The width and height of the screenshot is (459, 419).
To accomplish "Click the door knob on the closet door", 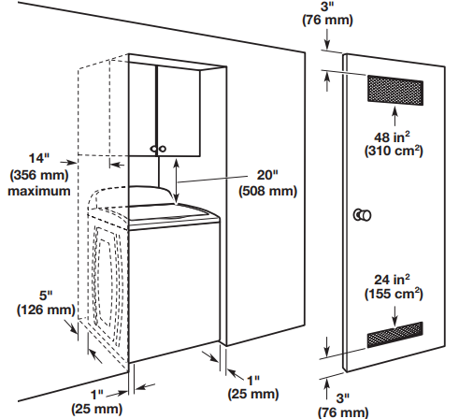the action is click(x=362, y=215).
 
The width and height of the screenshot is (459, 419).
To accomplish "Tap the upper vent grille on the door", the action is click(x=395, y=90).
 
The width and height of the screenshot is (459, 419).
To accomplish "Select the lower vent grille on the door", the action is click(x=395, y=335).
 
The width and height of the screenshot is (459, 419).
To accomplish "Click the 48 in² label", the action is click(x=392, y=137).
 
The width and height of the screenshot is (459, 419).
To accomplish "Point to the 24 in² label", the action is click(x=392, y=280).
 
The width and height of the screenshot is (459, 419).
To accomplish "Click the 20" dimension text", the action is click(x=267, y=175).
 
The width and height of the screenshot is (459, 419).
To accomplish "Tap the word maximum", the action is click(x=39, y=191).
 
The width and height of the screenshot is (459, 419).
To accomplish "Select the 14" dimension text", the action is click(x=39, y=158).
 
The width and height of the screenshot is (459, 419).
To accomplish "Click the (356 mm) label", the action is click(x=39, y=175).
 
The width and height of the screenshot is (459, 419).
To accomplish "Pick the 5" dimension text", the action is click(x=46, y=295).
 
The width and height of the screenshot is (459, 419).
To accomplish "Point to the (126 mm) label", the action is click(x=46, y=310).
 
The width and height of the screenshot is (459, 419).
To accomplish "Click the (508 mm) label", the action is click(x=267, y=191).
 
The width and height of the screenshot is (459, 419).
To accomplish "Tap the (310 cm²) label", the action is click(x=394, y=151).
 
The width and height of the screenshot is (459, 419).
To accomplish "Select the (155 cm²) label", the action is click(x=394, y=294).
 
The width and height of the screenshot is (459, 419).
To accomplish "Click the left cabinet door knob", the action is click(x=153, y=149).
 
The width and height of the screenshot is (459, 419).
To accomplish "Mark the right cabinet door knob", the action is click(x=162, y=149).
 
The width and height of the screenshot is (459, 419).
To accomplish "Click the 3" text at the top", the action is click(x=327, y=7).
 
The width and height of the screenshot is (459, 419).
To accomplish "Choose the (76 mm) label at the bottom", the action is click(x=343, y=412).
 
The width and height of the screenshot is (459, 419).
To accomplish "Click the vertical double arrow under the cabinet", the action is click(x=177, y=181).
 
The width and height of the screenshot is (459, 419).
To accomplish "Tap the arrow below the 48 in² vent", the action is click(x=395, y=116).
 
